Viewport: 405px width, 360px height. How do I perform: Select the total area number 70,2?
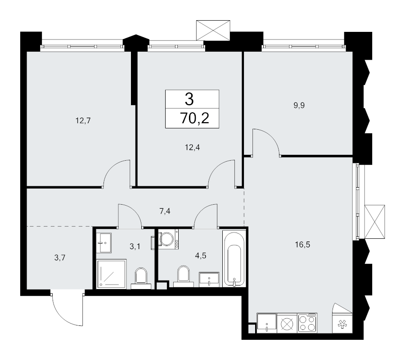click(193, 119)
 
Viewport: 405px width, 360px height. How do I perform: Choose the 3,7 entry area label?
click(59, 258)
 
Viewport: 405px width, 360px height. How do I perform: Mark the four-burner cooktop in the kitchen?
click(307, 323)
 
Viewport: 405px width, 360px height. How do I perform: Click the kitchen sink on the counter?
click(267, 323)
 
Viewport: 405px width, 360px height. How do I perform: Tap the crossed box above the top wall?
click(213, 31)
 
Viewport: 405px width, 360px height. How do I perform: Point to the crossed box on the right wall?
click(375, 221)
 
